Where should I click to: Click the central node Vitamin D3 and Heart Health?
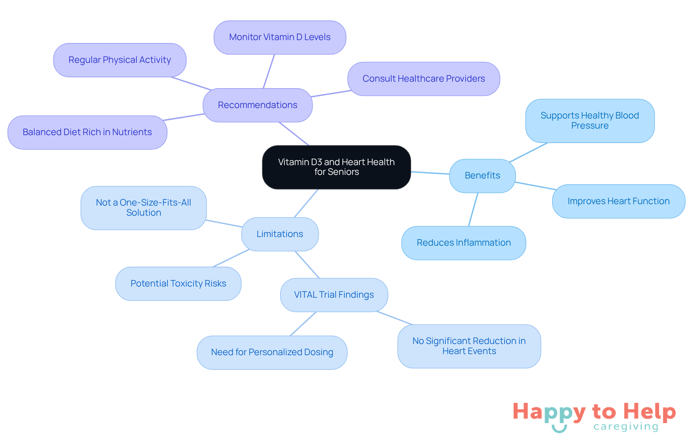336,167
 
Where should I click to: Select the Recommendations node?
258,105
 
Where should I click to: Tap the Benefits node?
483,176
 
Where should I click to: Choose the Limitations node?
280,234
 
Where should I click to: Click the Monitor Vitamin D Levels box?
280,37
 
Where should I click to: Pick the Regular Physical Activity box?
120,60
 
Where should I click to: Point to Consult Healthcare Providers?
424,79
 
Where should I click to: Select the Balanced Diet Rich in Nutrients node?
87,132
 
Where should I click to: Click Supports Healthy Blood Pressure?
590,121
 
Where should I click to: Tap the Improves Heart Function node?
619,201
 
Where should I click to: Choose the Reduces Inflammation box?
464,243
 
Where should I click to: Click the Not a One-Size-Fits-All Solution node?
144,208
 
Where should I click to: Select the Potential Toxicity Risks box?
178,284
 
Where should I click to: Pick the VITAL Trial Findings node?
334,295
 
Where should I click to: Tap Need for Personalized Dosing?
272,352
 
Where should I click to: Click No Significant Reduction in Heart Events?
469,346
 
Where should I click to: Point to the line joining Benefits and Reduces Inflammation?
473,210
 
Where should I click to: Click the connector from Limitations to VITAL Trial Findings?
307,264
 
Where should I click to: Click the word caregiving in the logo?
626,427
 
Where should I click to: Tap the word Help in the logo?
649,412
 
